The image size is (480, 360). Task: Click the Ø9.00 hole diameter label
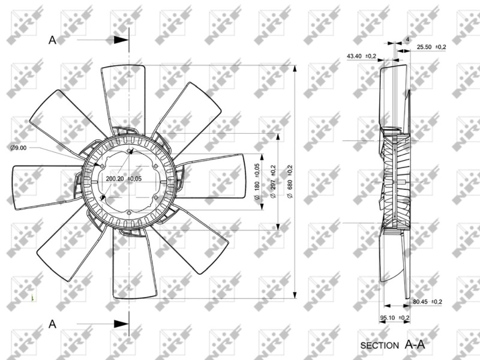(19, 147)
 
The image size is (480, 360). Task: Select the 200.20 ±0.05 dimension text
(124, 179)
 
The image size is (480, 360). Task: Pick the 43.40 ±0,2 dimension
(361, 56)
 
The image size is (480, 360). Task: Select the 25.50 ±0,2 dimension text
(431, 46)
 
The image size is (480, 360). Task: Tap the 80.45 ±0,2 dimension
(427, 301)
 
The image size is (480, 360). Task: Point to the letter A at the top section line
(52, 40)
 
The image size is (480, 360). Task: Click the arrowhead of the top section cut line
(122, 40)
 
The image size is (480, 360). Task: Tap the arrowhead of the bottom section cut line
(122, 325)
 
